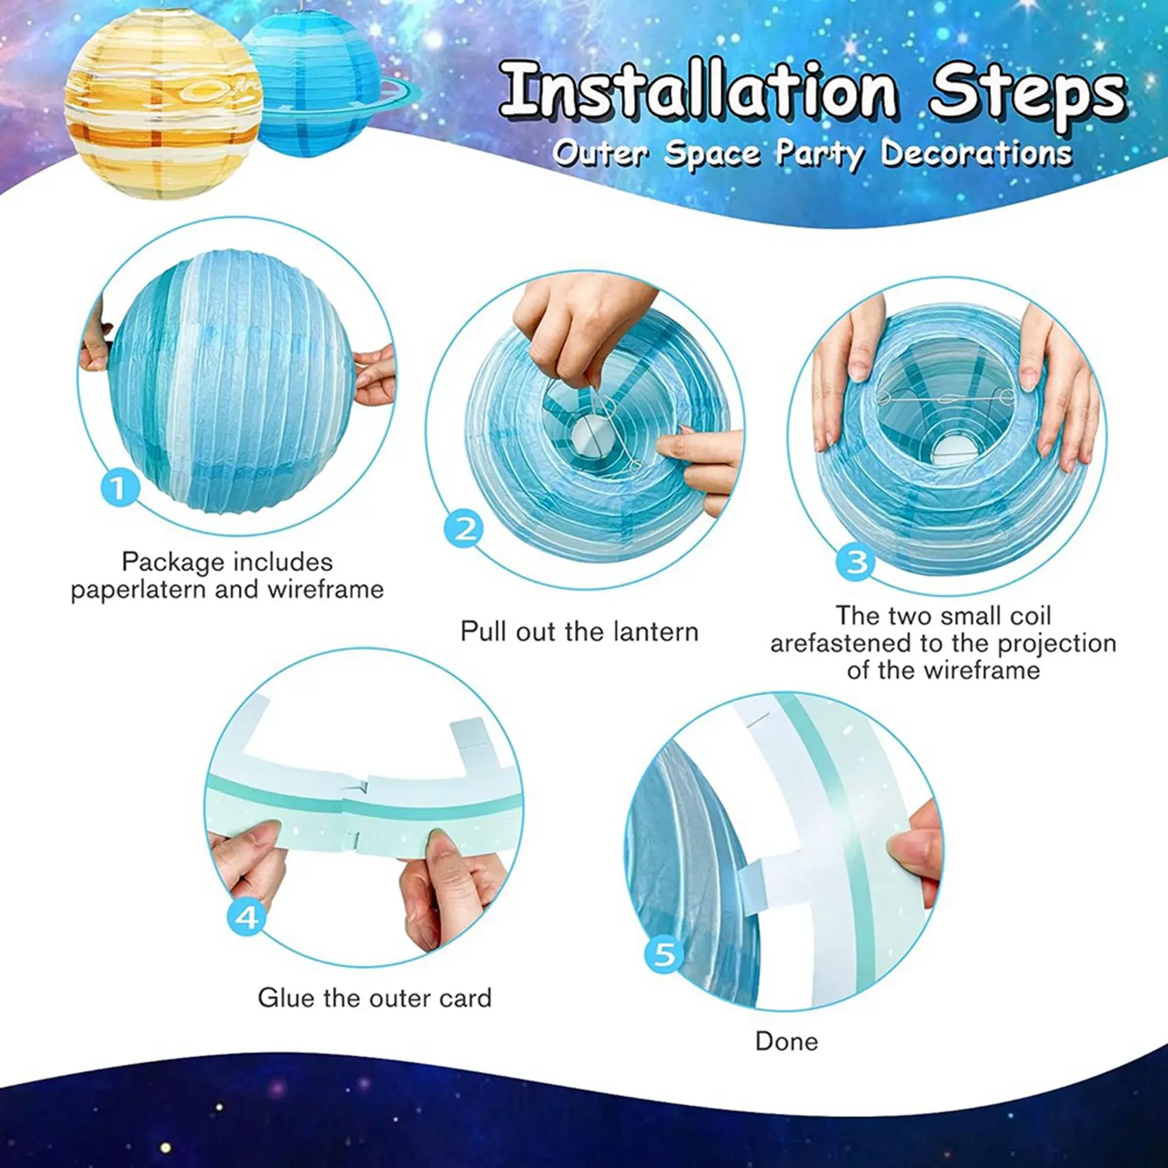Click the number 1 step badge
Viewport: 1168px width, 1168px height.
point(120,488)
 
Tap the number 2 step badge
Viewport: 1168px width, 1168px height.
point(464,529)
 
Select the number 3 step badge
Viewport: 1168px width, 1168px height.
point(855,562)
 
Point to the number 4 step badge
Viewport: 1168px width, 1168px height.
point(246,917)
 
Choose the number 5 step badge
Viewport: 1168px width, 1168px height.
point(664,954)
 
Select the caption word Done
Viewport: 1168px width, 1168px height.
point(787,1042)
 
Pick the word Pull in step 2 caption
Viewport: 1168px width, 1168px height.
point(484,631)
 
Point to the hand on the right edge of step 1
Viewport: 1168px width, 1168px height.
point(375,374)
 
